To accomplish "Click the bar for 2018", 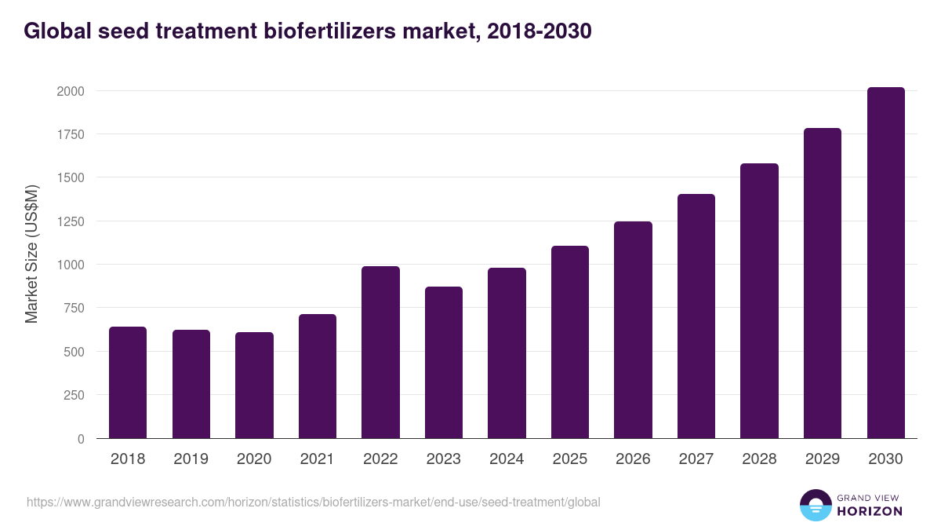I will [x=128, y=382].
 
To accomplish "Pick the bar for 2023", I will [x=444, y=362].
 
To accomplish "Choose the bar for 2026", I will [x=633, y=330].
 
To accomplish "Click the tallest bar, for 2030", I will [x=885, y=263].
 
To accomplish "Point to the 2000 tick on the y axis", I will [x=71, y=91].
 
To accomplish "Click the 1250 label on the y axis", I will [x=71, y=221].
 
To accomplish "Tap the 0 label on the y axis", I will [x=81, y=439].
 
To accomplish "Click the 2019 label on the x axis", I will [x=191, y=459].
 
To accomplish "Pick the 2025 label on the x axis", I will [x=569, y=459].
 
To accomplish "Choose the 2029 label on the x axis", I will [x=822, y=459].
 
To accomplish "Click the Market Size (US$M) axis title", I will [x=32, y=254].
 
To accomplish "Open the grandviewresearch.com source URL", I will [x=314, y=502].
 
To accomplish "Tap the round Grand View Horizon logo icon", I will [x=815, y=505].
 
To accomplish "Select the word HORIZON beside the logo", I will [x=870, y=511].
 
